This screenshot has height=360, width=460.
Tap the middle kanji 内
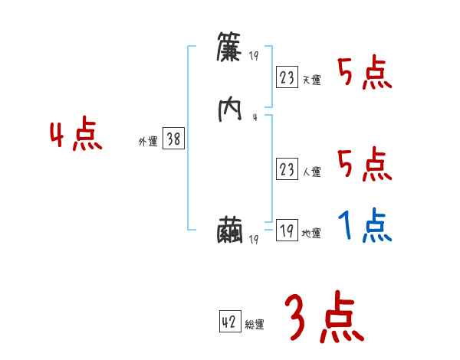coord(230,110)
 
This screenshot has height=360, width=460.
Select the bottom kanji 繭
coord(230,231)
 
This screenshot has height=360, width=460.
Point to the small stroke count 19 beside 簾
coord(255,55)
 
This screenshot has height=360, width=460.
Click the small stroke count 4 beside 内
coord(254,117)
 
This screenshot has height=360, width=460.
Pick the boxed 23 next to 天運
coord(287,77)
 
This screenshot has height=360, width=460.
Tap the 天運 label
coord(311,80)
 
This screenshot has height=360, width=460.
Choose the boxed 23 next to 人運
coord(287,170)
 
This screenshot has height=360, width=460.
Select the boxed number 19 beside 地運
coord(287,231)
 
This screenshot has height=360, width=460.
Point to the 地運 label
coord(311,234)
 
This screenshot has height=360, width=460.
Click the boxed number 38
coord(173,139)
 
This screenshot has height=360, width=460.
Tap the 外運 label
coord(148,142)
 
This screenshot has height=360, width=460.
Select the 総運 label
coord(255,325)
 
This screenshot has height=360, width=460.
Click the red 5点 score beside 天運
coord(365,74)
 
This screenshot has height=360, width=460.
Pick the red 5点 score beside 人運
coord(365,165)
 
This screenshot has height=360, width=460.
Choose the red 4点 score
coord(76,136)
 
